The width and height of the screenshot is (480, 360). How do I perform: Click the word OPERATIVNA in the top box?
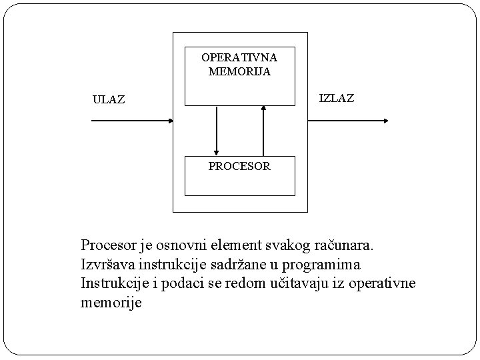tap(239, 57)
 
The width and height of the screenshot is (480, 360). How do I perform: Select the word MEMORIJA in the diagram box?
tap(239, 71)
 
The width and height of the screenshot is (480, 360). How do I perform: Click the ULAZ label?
tap(109, 101)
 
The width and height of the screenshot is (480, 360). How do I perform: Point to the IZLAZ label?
tap(337, 99)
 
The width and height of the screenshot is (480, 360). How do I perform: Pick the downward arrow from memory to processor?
tap(217, 130)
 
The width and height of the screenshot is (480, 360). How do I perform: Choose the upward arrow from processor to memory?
tap(264, 130)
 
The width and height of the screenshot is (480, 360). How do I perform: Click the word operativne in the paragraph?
tap(381, 283)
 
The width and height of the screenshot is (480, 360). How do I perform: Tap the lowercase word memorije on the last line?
tap(111, 303)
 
